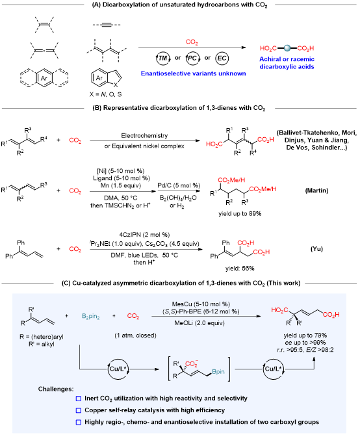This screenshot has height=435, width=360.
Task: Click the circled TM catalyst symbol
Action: pyautogui.click(x=163, y=58)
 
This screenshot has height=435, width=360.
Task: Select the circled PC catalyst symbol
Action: pyautogui.click(x=192, y=59)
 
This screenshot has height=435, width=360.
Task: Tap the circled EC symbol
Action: pyautogui.click(x=222, y=59)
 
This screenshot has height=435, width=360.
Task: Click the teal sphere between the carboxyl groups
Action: pyautogui.click(x=287, y=48)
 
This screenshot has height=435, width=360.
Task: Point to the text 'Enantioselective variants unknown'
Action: pyautogui.click(x=193, y=73)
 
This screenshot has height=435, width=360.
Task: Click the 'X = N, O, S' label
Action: pyautogui.click(x=105, y=94)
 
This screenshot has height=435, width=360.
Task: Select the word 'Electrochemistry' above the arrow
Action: pyautogui.click(x=144, y=136)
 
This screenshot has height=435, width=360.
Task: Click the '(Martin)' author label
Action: pyautogui.click(x=316, y=191)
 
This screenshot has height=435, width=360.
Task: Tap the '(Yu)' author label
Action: pyautogui.click(x=316, y=248)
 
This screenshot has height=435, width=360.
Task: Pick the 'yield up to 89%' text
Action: pyautogui.click(x=240, y=214)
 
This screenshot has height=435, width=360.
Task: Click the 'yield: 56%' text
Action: pyautogui.click(x=240, y=269)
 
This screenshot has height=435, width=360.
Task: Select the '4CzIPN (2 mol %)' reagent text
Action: pyautogui.click(x=144, y=235)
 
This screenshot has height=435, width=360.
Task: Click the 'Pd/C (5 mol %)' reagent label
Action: pyautogui.click(x=179, y=185)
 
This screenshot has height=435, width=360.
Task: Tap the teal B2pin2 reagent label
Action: pyautogui.click(x=91, y=316)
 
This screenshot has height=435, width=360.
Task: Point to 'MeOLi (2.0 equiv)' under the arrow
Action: pyautogui.click(x=199, y=323)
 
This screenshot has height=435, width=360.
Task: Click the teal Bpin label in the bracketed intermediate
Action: pyautogui.click(x=218, y=371)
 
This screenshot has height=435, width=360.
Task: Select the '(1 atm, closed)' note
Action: pyautogui.click(x=135, y=336)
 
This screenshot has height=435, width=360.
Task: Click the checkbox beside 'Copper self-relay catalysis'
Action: pyautogui.click(x=79, y=410)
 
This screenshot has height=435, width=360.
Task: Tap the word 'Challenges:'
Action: pyautogui.click(x=56, y=389)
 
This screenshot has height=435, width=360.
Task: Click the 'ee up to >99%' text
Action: pyautogui.click(x=305, y=343)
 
